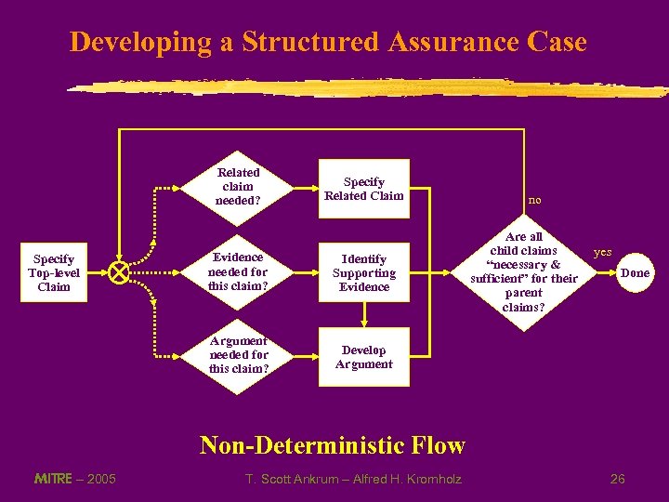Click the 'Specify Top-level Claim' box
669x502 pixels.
click(54, 272)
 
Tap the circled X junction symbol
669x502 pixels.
click(118, 272)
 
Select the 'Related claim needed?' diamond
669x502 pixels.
click(238, 186)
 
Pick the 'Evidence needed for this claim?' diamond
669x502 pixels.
click(238, 272)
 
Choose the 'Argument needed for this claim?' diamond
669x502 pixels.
click(238, 355)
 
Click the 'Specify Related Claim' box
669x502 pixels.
click(363, 189)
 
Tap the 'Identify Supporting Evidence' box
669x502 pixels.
click(363, 273)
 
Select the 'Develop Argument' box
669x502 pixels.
click(363, 357)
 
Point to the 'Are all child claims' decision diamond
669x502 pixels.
click(524, 272)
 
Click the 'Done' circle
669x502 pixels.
click(636, 272)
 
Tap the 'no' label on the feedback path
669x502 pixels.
click(535, 199)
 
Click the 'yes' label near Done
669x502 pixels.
click(603, 252)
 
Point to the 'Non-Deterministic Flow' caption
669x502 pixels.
click(333, 445)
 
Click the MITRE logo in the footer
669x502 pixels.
click(53, 479)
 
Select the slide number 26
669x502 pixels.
click(618, 479)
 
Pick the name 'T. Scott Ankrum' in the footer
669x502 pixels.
click(287, 479)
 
